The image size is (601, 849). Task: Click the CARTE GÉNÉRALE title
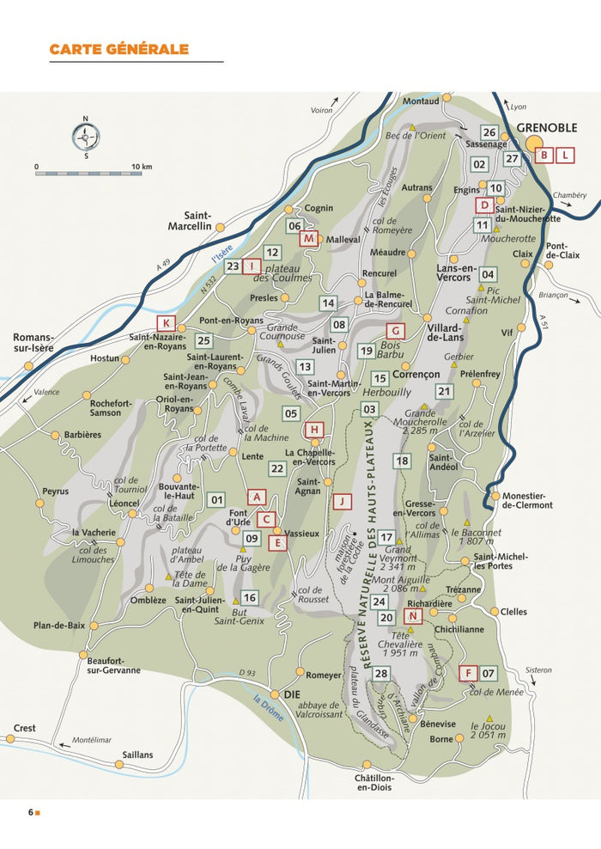pyautogui.click(x=118, y=49)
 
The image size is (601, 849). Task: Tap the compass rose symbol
pyautogui.click(x=85, y=137)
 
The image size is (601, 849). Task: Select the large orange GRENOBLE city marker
pyautogui.click(x=536, y=144)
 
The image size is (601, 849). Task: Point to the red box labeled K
pyautogui.click(x=167, y=323)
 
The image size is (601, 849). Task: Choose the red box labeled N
pyautogui.click(x=413, y=617)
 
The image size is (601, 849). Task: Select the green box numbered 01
pyautogui.click(x=216, y=500)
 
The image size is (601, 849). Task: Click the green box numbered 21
pyautogui.click(x=444, y=392)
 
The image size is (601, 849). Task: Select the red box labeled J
pyautogui.click(x=343, y=500)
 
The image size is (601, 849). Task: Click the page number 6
pyautogui.click(x=30, y=812)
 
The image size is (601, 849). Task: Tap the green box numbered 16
pyautogui.click(x=249, y=597)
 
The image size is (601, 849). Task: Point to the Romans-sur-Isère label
pyautogui.click(x=33, y=343)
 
